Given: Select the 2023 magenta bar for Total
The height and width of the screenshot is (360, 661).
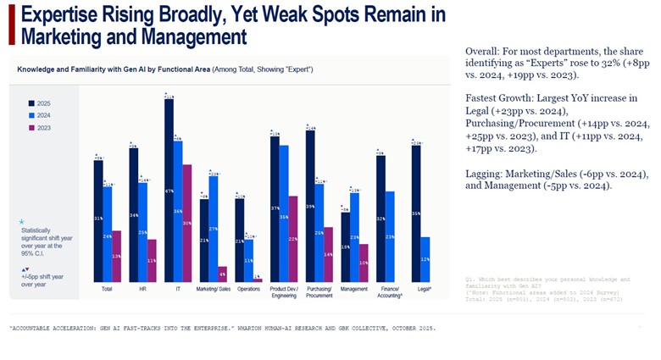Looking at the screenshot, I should pyautogui.click(x=116, y=256).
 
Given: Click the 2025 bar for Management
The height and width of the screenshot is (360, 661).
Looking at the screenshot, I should pyautogui.click(x=345, y=247).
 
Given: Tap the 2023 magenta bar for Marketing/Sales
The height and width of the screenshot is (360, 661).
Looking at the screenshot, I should pyautogui.click(x=222, y=274).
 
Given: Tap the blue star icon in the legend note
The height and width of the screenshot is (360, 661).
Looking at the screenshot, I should pyautogui.click(x=21, y=221).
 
